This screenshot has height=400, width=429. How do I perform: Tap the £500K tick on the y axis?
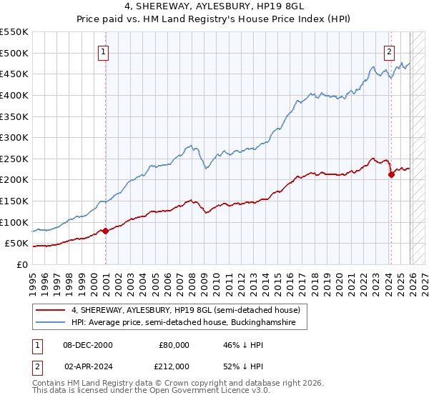[x=14, y=53]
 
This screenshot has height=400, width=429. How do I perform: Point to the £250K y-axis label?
[x=14, y=159]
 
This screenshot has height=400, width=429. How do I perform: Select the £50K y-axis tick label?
[x=17, y=244]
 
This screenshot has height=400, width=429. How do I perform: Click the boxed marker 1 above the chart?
[x=104, y=51]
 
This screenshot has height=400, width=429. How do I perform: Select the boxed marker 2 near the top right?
[x=389, y=51]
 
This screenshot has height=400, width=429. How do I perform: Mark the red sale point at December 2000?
[x=105, y=230]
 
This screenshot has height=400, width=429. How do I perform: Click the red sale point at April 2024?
[x=391, y=174]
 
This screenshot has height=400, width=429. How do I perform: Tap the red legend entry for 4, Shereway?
[x=189, y=309]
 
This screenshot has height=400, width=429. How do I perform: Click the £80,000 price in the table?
[x=174, y=345]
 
